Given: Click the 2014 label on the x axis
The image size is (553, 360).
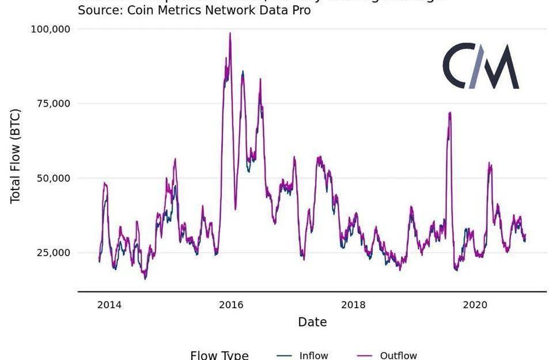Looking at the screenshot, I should click(109, 304).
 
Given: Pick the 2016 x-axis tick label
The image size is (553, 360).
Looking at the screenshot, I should click(231, 304).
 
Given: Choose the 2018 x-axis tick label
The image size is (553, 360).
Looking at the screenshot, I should click(353, 304).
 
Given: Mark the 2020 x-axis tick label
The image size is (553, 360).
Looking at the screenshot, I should click(475, 304).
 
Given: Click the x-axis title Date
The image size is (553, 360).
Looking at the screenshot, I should click(312, 322).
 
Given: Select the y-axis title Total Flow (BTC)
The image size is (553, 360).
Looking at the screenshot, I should click(16, 156).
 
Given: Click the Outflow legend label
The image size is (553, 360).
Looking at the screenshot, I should click(398, 355).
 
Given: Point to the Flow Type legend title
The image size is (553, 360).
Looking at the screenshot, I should click(219, 355).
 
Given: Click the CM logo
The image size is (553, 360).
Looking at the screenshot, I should click(481, 66).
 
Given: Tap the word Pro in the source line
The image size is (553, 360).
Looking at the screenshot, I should click(300, 10).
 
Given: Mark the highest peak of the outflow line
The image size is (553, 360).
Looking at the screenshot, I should click(230, 33).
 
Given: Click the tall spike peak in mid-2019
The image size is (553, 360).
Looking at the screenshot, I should click(449, 113).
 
